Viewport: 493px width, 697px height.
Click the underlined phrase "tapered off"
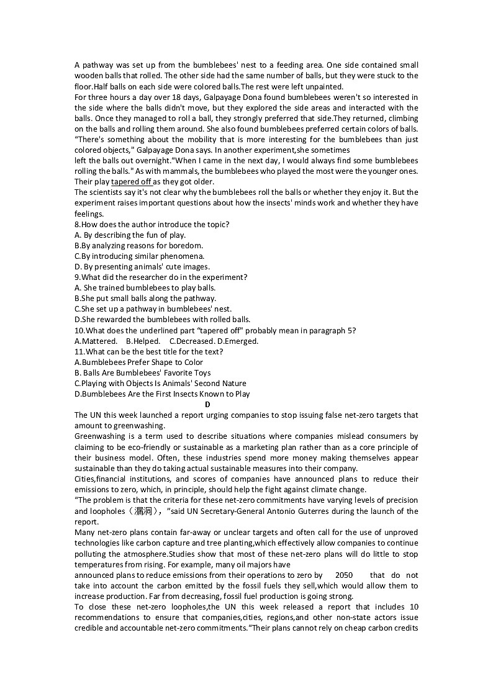click(132, 182)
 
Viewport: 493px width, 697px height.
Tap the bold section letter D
click(207, 405)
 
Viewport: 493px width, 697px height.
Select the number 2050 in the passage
click(344, 575)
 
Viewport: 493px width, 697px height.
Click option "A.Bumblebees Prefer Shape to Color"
click(138, 362)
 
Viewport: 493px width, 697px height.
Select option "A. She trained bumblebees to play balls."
click(145, 288)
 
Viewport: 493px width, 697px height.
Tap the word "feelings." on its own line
click(89, 214)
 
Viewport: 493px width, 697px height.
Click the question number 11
click(79, 352)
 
